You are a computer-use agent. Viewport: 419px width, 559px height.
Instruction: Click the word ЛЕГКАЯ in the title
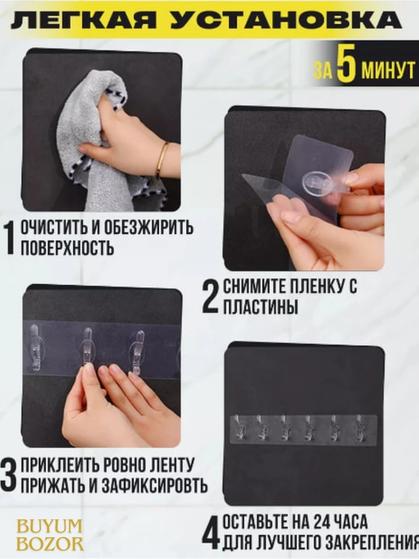83,20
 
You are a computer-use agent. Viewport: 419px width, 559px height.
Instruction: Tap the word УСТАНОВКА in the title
286,20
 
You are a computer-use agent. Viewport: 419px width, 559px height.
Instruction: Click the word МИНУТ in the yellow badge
388,70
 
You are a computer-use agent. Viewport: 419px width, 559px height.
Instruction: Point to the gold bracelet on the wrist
161,159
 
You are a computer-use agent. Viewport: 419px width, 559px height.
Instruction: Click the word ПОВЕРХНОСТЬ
68,248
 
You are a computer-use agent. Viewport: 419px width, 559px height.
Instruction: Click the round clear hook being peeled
317,182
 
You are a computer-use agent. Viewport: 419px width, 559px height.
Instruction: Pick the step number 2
210,297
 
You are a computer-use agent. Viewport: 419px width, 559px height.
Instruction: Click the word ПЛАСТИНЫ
261,306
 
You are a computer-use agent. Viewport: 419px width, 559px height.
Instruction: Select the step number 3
9,475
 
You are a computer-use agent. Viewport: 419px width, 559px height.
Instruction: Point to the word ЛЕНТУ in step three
169,465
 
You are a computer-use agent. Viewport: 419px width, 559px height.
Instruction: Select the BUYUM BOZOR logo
50,535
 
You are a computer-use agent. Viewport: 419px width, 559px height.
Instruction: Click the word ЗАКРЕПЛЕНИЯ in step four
370,543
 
